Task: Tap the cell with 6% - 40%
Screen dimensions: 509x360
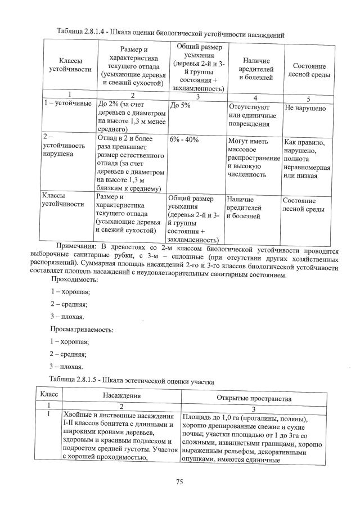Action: pyautogui.click(x=184, y=139)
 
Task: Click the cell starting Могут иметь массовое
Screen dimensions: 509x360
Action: pyautogui.click(x=252, y=157)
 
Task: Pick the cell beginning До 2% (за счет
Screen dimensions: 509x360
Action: pyautogui.click(x=130, y=116)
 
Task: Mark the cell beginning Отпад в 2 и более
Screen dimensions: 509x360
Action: pyautogui.click(x=130, y=161)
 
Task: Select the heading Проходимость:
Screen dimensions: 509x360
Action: pyautogui.click(x=74, y=279)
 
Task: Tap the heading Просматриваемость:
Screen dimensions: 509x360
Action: pyautogui.click(x=81, y=329)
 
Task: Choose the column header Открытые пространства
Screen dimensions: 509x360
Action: pyautogui.click(x=254, y=398)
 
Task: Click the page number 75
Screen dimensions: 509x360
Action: pyautogui.click(x=179, y=481)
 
